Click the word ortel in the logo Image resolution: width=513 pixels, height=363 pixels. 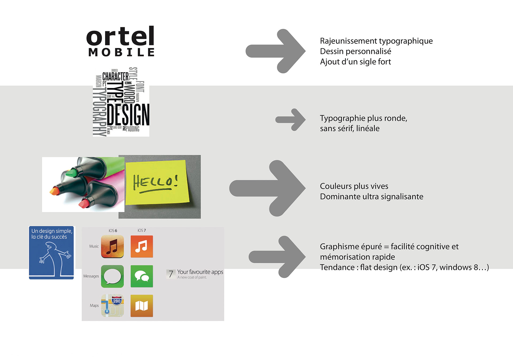pos(120,37)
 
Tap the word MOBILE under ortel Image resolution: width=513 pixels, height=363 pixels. pos(121,52)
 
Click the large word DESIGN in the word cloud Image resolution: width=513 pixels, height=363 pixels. pos(128,115)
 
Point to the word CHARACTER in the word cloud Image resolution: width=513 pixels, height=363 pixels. pos(115,76)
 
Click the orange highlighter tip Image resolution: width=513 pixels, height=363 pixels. pos(54,191)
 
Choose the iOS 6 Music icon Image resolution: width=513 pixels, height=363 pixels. pos(112,246)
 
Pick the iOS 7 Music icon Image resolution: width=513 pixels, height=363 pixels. pos(142,246)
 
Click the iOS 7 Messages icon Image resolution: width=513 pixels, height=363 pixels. pos(142,276)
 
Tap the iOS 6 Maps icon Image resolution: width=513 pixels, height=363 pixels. pos(112,306)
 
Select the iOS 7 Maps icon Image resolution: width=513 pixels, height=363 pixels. pos(142,306)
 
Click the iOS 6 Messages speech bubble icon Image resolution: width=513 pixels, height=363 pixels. pos(112,276)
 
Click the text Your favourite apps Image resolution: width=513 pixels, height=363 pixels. pos(200,272)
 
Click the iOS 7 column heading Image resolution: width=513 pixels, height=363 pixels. pos(142,230)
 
